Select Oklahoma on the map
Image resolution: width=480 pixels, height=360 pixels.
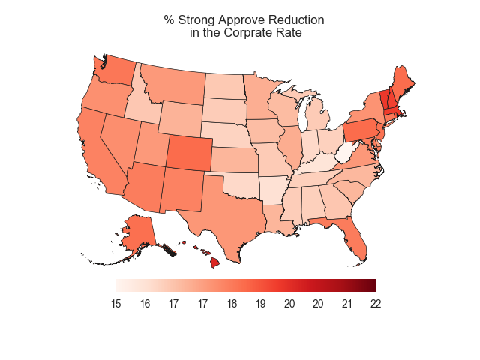click(x=240, y=183)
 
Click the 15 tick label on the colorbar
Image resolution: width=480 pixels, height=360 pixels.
click(x=116, y=304)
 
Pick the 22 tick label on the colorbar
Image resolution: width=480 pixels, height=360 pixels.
click(x=376, y=304)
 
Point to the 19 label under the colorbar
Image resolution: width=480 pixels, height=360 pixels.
click(x=260, y=304)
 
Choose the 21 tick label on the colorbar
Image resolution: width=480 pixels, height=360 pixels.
click(x=347, y=304)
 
